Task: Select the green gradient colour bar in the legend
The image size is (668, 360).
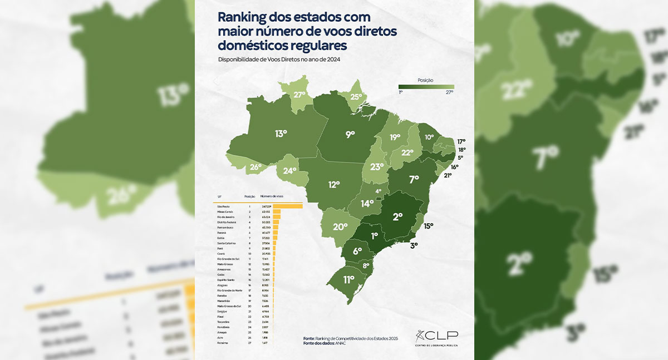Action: [426, 86]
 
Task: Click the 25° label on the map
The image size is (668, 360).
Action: [357, 97]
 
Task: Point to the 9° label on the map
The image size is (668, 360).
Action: [350, 134]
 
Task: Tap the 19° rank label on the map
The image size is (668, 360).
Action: [395, 137]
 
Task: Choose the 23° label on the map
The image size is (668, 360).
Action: [377, 167]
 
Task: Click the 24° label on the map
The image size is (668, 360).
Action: [290, 171]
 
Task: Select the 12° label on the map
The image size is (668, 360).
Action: [334, 185]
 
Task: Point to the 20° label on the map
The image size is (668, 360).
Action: [340, 227]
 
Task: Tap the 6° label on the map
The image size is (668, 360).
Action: [357, 251]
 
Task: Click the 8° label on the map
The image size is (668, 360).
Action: [366, 266]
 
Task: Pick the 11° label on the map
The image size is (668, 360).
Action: [348, 279]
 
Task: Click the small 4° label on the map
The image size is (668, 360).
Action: [379, 191]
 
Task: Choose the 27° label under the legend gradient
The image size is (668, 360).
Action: [449, 92]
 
